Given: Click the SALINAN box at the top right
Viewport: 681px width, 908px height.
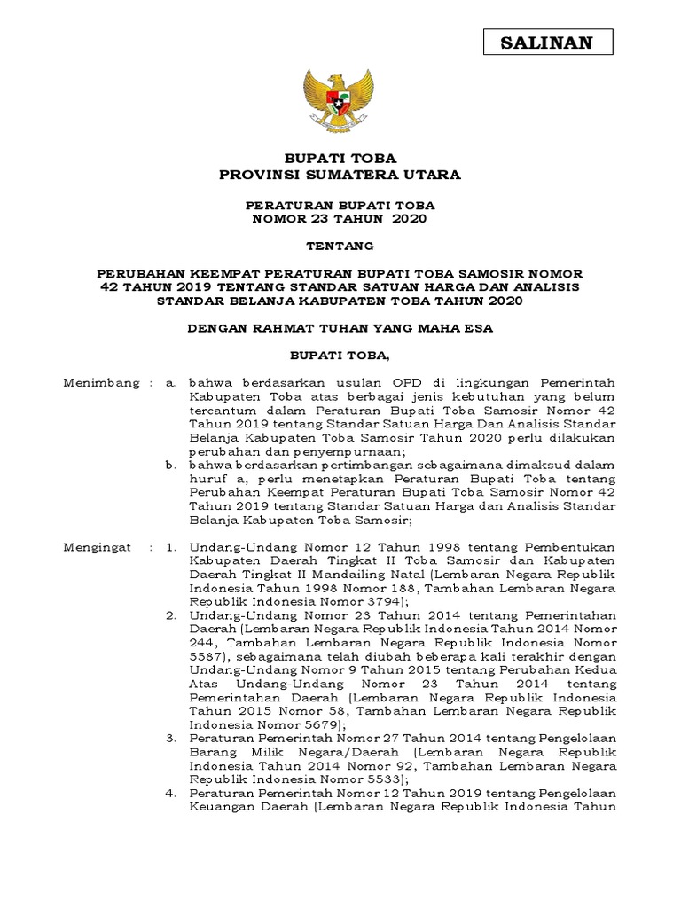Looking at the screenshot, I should click(548, 42).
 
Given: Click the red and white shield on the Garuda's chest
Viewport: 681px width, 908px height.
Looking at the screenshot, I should click(340, 98).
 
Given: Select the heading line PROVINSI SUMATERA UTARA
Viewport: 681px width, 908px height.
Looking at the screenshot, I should click(340, 175).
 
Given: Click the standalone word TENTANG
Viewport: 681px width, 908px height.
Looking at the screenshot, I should click(340, 246).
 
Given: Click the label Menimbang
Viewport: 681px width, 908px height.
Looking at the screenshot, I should click(102, 382).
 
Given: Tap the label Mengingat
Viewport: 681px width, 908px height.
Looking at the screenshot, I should click(98, 547).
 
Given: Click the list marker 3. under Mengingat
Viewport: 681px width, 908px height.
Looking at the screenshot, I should click(172, 739).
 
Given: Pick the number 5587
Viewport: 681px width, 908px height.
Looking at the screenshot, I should click(205, 657).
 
